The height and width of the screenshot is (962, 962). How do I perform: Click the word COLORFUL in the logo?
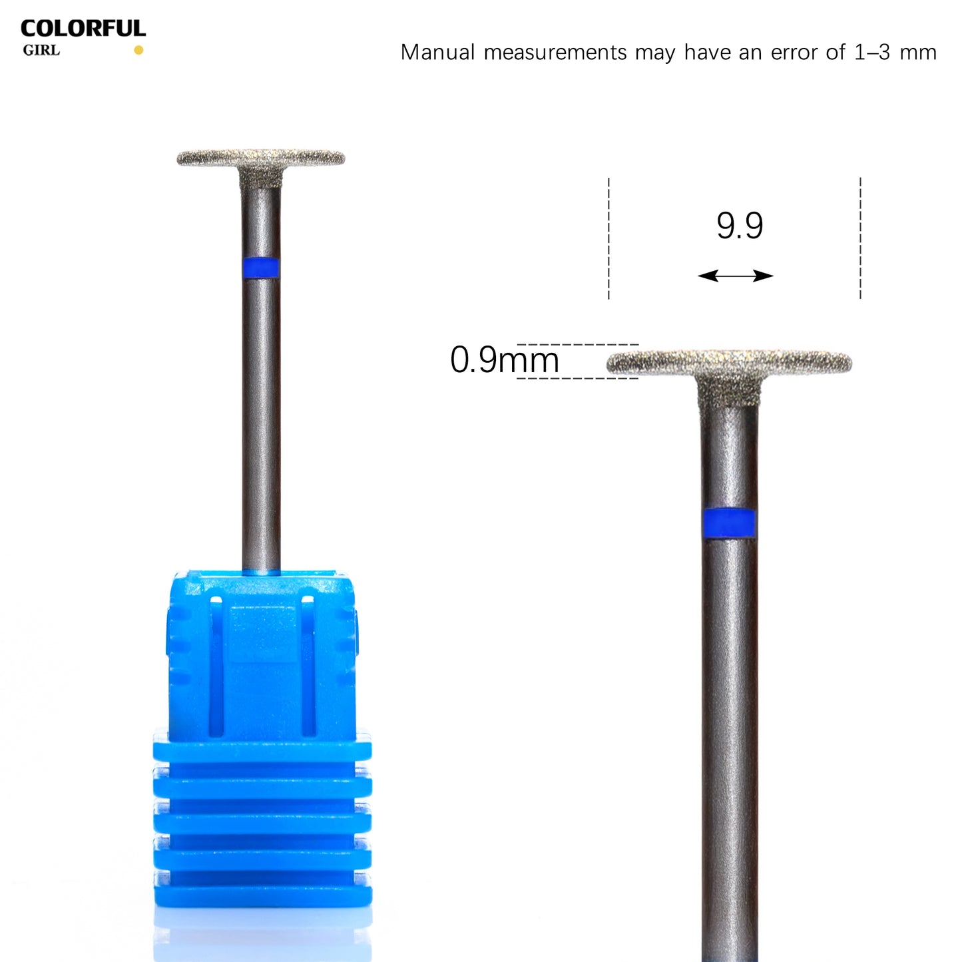[x=83, y=29]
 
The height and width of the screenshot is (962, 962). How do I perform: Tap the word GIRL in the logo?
[x=41, y=51]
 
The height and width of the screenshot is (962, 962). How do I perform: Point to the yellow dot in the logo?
[x=138, y=50]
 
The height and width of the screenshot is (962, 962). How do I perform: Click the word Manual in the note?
[x=438, y=53]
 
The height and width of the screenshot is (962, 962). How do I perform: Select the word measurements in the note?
[x=555, y=53]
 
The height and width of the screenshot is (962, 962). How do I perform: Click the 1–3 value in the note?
[x=871, y=53]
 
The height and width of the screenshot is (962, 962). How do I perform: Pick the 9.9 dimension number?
[x=740, y=226]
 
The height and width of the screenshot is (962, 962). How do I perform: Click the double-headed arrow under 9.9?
[x=736, y=276]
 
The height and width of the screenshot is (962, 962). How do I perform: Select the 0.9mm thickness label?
[x=504, y=360]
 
